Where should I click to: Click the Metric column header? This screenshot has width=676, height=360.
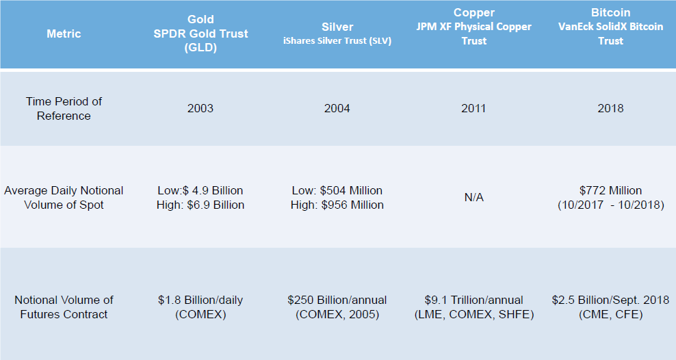click(64, 34)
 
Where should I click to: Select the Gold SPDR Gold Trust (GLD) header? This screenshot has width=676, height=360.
click(200, 34)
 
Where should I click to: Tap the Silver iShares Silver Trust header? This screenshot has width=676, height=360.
click(337, 34)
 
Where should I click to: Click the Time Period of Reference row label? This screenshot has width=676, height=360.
click(64, 108)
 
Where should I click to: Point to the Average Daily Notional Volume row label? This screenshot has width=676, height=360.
click(64, 197)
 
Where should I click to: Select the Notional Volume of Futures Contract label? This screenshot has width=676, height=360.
click(64, 307)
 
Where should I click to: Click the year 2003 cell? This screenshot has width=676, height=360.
click(200, 108)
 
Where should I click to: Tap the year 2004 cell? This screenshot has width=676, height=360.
click(337, 108)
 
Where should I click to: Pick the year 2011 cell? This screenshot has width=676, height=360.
click(473, 108)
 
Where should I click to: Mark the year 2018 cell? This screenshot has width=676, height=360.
click(610, 108)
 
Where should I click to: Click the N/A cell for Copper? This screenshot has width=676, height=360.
click(473, 197)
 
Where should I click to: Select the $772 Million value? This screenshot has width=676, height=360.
click(610, 190)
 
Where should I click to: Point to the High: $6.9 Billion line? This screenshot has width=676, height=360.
click(200, 205)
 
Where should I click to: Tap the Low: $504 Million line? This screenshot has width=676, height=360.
click(337, 190)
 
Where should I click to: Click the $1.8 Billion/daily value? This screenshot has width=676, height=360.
click(200, 300)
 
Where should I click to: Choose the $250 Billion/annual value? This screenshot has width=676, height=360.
click(337, 300)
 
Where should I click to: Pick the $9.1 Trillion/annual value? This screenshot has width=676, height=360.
click(473, 300)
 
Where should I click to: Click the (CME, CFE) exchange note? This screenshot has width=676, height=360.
click(610, 314)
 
